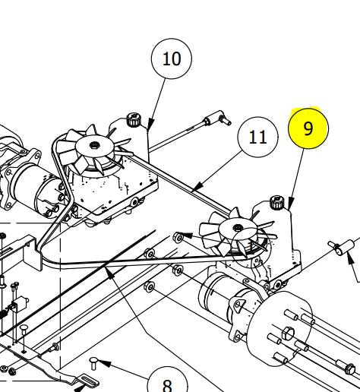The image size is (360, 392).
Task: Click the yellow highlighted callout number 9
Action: click(x=308, y=128)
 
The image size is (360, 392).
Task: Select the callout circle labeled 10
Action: click(x=172, y=58)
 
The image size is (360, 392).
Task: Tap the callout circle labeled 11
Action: click(x=257, y=137)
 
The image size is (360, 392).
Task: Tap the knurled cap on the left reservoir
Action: click(x=133, y=119)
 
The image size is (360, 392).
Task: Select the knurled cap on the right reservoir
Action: click(x=279, y=203)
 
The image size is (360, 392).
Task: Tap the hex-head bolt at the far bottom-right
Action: click(x=349, y=371)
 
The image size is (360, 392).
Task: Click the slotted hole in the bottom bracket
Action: click(x=87, y=380)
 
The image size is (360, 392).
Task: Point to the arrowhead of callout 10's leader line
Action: click(x=150, y=126)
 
